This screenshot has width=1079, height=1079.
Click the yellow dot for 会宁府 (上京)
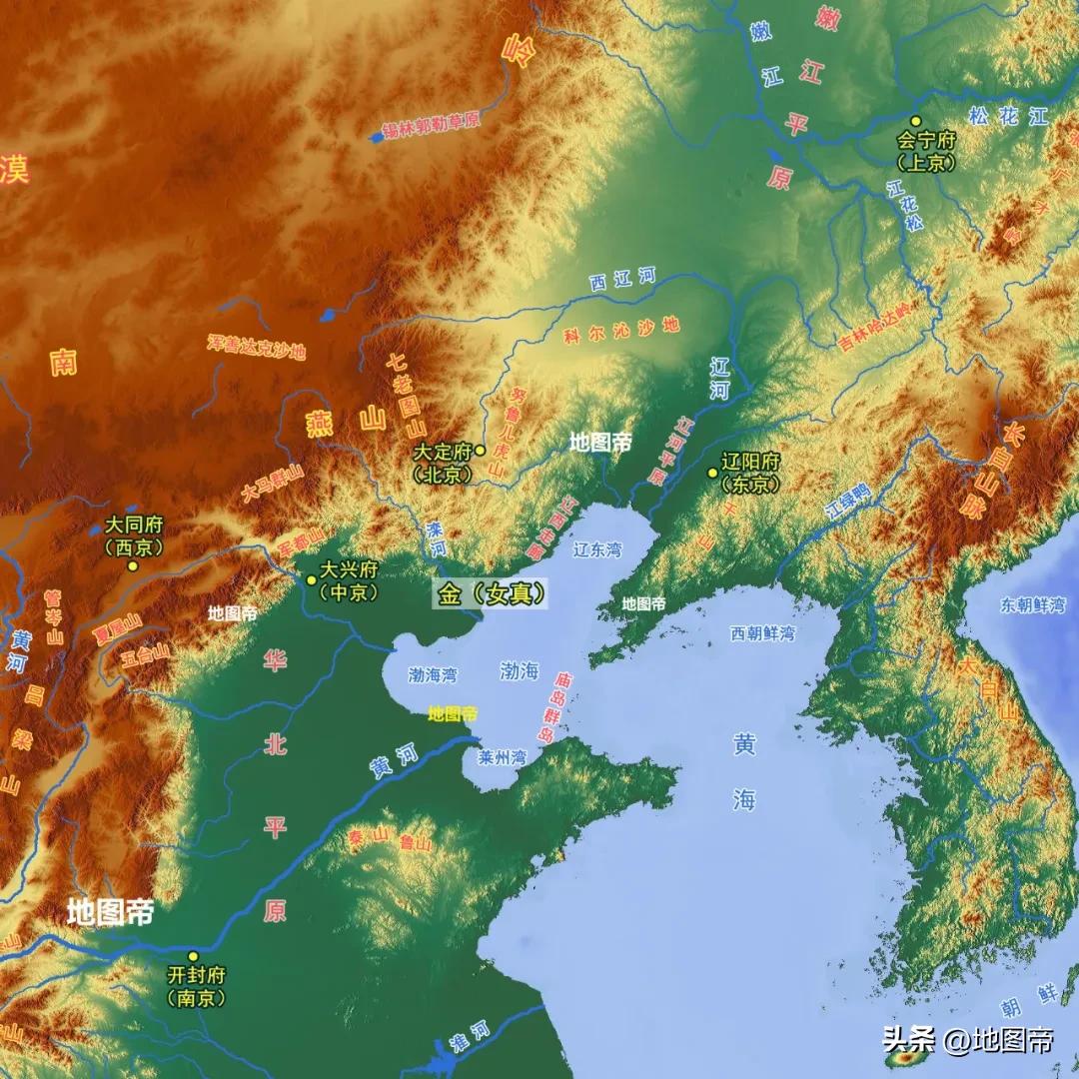(x=914, y=121)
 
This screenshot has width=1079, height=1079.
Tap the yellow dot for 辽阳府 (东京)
(x=712, y=473)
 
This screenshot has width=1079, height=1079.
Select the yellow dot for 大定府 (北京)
(x=481, y=451)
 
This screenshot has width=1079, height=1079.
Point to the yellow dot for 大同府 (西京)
(x=133, y=565)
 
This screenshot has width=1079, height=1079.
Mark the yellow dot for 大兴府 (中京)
(x=311, y=578)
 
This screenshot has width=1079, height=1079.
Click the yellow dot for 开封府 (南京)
(x=193, y=956)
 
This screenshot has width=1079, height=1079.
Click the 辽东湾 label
(x=597, y=549)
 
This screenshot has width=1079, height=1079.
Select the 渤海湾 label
(x=433, y=675)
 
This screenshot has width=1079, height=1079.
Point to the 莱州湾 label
(x=502, y=757)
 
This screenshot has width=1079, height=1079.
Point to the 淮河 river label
(x=473, y=1040)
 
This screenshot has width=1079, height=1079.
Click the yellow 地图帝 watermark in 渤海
(x=453, y=713)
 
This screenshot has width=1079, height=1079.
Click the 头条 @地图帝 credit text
(x=967, y=1040)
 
